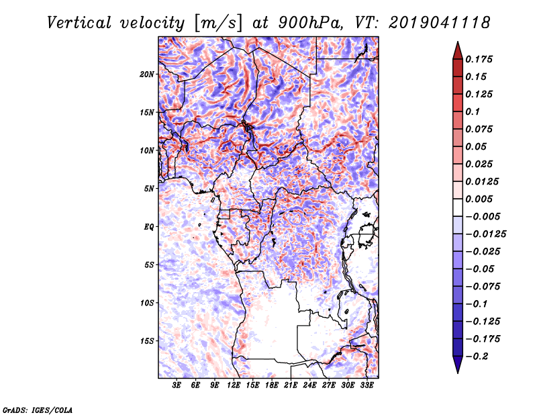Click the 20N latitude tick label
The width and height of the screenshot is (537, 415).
(146, 75)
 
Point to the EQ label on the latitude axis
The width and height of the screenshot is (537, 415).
(148, 227)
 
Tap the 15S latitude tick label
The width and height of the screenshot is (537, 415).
(146, 341)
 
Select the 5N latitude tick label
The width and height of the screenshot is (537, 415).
(148, 189)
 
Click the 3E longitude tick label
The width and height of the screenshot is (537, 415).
(177, 385)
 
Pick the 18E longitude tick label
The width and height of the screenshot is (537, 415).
(271, 385)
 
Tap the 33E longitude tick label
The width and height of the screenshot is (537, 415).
(367, 385)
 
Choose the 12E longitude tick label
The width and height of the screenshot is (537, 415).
(233, 385)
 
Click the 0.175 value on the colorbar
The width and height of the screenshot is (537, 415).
(479, 59)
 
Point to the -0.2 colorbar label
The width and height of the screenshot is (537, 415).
(477, 357)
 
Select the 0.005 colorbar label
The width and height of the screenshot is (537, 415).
(479, 199)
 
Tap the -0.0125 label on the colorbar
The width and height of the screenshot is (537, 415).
(485, 234)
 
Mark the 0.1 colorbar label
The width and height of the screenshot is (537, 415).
(473, 111)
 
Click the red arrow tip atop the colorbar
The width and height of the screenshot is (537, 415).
(458, 42)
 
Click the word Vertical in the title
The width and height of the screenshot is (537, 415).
(79, 23)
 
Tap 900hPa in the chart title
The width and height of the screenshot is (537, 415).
(310, 23)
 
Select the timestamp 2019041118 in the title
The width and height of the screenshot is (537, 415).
(440, 23)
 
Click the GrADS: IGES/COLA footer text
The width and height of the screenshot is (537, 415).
(38, 410)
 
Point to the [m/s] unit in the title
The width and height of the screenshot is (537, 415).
(218, 24)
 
